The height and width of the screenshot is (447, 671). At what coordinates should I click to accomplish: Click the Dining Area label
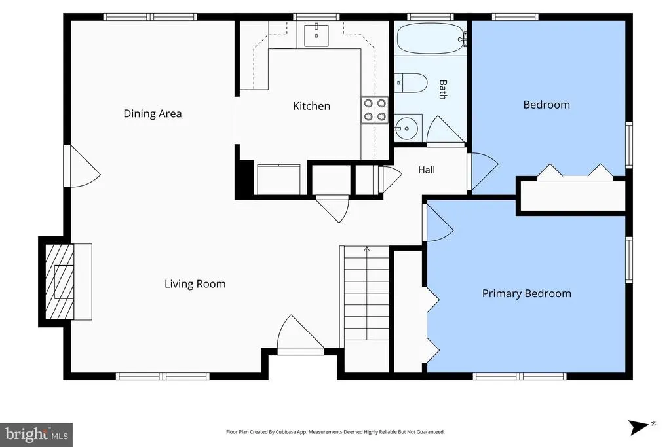point(152,114)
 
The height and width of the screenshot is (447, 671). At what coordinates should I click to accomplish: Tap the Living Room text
point(195,284)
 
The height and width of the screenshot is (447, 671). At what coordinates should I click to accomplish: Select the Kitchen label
point(311,106)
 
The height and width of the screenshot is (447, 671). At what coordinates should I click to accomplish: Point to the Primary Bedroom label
point(526,294)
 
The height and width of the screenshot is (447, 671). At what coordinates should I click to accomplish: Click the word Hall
point(426,170)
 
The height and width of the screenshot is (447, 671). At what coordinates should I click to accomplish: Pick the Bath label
point(443,90)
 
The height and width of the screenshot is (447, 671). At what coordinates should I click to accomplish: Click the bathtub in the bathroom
point(431,39)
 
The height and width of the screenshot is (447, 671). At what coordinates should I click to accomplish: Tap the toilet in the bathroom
point(411,83)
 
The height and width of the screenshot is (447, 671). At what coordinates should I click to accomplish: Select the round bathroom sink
point(406,128)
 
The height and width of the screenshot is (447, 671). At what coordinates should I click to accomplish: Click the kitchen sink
point(316,35)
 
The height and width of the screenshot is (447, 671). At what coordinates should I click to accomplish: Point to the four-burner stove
point(375,110)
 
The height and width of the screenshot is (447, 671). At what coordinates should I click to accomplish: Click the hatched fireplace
point(60,281)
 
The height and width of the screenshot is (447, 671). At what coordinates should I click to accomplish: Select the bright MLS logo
point(37,435)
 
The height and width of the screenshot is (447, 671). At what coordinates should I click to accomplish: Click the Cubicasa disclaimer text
point(335,432)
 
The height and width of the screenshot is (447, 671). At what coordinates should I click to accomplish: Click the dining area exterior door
point(82,166)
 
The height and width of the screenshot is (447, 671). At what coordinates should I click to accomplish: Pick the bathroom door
point(446,130)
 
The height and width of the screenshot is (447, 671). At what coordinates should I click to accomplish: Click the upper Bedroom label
point(546,105)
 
